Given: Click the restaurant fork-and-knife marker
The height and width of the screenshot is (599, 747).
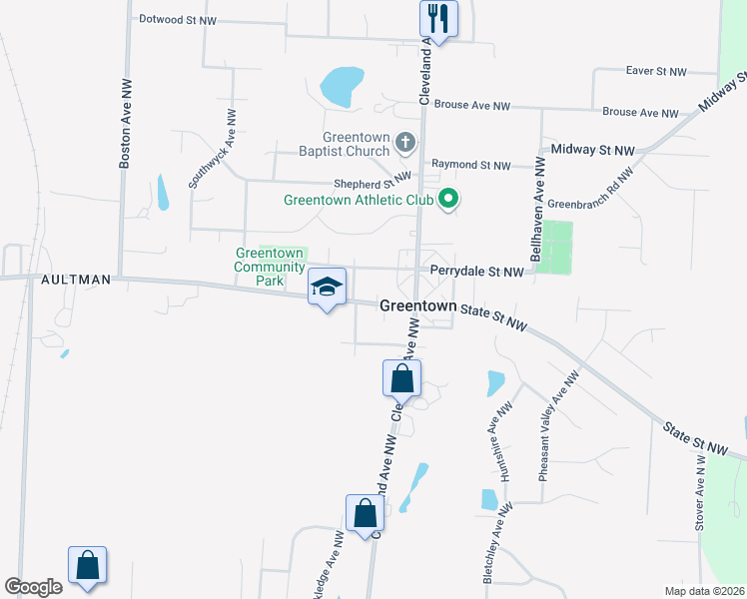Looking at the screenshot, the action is coord(437,17).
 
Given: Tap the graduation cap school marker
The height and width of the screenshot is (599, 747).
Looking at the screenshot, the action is coord(327,288).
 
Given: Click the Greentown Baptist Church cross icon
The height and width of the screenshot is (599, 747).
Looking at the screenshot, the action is coord(405,142).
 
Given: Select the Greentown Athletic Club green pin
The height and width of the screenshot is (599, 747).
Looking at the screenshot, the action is coord(448,200).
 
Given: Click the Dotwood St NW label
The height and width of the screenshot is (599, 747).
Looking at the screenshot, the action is coord(178,18).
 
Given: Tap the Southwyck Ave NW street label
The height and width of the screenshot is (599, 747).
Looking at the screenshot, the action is coord(212,149).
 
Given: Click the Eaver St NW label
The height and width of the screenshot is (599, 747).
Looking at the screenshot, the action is coord(657,71).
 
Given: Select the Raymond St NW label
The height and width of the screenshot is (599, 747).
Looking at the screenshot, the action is coord(470,165).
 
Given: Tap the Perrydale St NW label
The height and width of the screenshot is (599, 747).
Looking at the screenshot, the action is coord(476,272).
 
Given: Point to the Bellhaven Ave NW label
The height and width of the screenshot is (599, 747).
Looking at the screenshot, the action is coord(537,209).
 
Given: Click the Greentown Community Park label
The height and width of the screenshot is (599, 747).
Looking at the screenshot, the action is coord(270,267).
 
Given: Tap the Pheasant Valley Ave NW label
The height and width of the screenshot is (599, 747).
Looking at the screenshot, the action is coord(558,427).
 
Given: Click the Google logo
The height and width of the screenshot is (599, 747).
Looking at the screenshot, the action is coord(33,587).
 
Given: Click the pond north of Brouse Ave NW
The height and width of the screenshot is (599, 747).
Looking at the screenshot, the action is coord(343,85).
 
